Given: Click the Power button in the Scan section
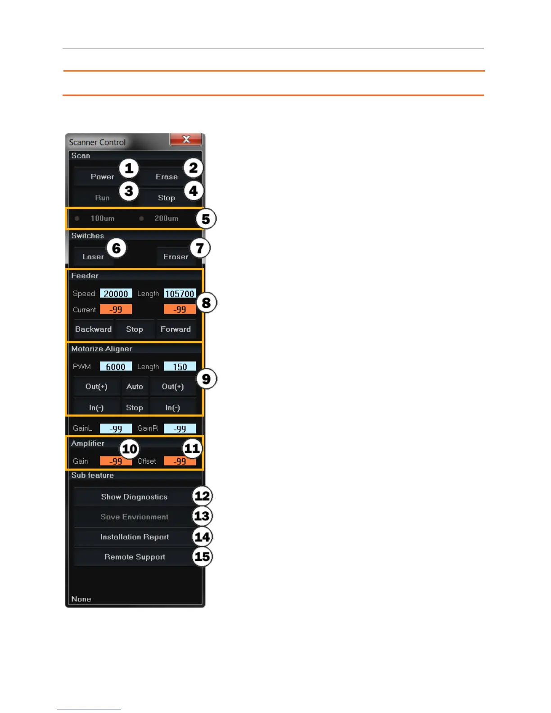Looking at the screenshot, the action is tap(102, 177).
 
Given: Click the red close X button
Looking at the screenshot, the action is tap(186, 140).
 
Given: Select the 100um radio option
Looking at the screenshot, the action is tap(77, 218).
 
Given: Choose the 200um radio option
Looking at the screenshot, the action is tap(141, 218).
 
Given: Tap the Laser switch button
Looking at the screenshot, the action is tap(93, 257).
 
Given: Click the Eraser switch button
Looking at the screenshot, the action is tap(176, 257).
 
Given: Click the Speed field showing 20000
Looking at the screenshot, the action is tap(116, 294).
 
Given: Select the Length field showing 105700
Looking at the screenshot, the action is tap(180, 294).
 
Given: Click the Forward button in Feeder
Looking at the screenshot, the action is tap(176, 329).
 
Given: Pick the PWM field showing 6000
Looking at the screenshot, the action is tap(116, 367).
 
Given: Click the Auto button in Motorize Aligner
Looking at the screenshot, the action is tap(135, 387).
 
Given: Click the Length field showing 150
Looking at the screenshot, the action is tap(180, 367).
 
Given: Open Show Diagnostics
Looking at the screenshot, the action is tap(134, 497).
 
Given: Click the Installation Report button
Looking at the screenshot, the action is tap(135, 537).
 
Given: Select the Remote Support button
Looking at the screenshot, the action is tap(135, 557).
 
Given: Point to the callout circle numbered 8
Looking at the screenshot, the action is tap(206, 303).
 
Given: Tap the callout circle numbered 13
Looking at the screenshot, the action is tap(202, 516).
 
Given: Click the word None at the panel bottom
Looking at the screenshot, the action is tap(81, 599).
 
